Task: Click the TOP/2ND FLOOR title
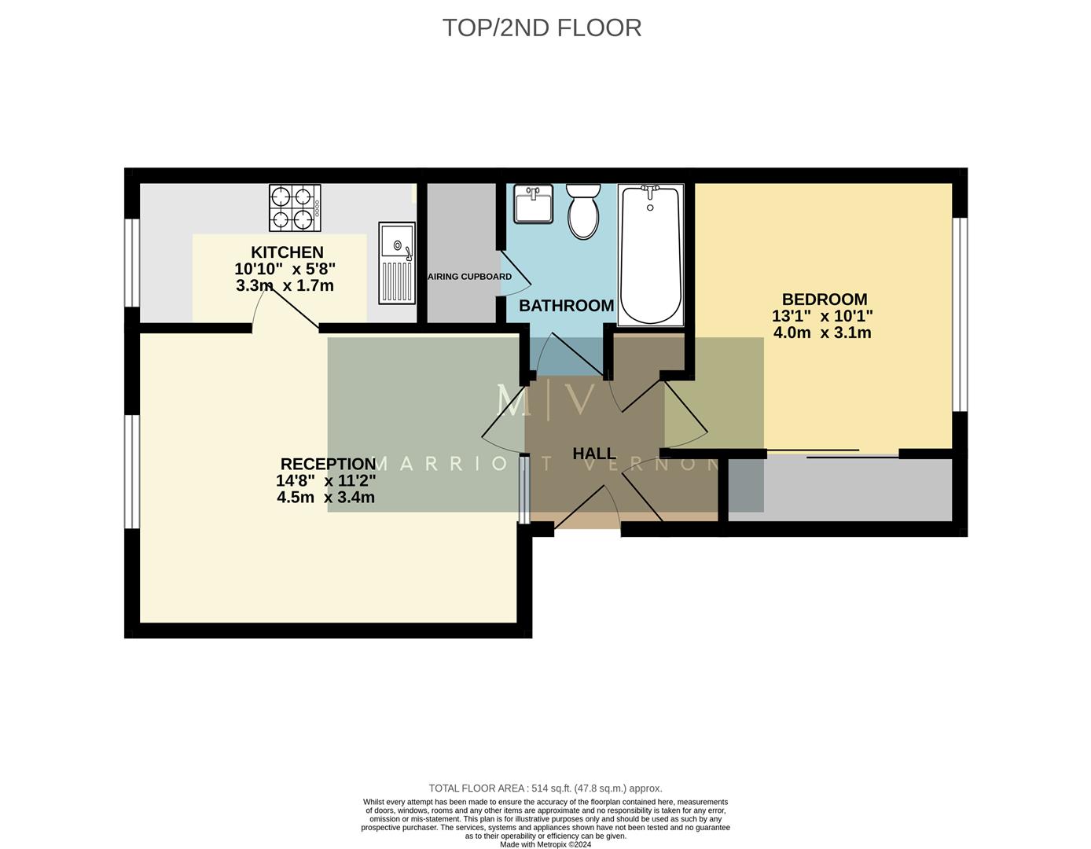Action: [542, 28]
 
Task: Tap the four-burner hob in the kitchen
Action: [295, 208]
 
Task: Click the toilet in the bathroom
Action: [583, 211]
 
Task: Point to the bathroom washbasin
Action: [534, 204]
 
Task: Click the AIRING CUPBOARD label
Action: [469, 277]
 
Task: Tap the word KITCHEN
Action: [287, 252]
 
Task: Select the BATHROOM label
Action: [566, 306]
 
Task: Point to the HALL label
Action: [594, 454]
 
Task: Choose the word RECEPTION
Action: [328, 464]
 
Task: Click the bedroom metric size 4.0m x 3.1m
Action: [822, 333]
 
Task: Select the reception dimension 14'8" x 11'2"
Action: [325, 480]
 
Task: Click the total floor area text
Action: [545, 788]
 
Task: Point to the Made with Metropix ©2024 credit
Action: [545, 844]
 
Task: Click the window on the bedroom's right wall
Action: [960, 314]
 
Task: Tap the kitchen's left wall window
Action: [132, 262]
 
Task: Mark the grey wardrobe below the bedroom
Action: [839, 489]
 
